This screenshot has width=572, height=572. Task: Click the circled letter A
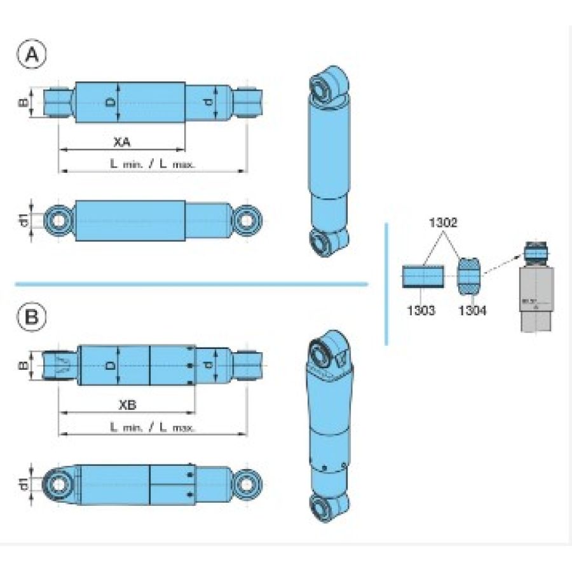tap(32, 55)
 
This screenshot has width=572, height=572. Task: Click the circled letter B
tap(32, 317)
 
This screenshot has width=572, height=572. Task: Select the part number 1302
tap(443, 224)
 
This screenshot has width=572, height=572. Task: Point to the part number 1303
tap(419, 310)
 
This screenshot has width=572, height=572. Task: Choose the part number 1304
tap(472, 310)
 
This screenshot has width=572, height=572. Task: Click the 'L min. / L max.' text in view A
tap(153, 163)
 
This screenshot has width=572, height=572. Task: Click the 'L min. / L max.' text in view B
tap(153, 428)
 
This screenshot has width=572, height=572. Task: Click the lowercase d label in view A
tap(209, 102)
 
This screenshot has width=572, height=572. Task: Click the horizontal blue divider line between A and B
tap(191, 284)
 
